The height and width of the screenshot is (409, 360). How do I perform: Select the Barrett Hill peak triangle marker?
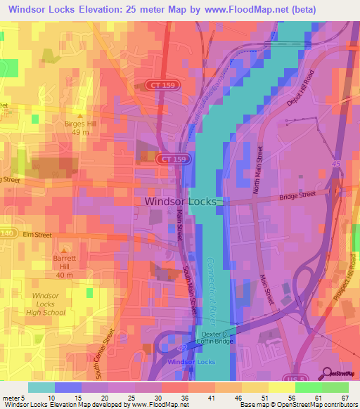click(65, 249)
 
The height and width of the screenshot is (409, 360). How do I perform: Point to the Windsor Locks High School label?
click(49, 304)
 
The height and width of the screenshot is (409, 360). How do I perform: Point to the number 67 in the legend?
click(343, 398)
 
